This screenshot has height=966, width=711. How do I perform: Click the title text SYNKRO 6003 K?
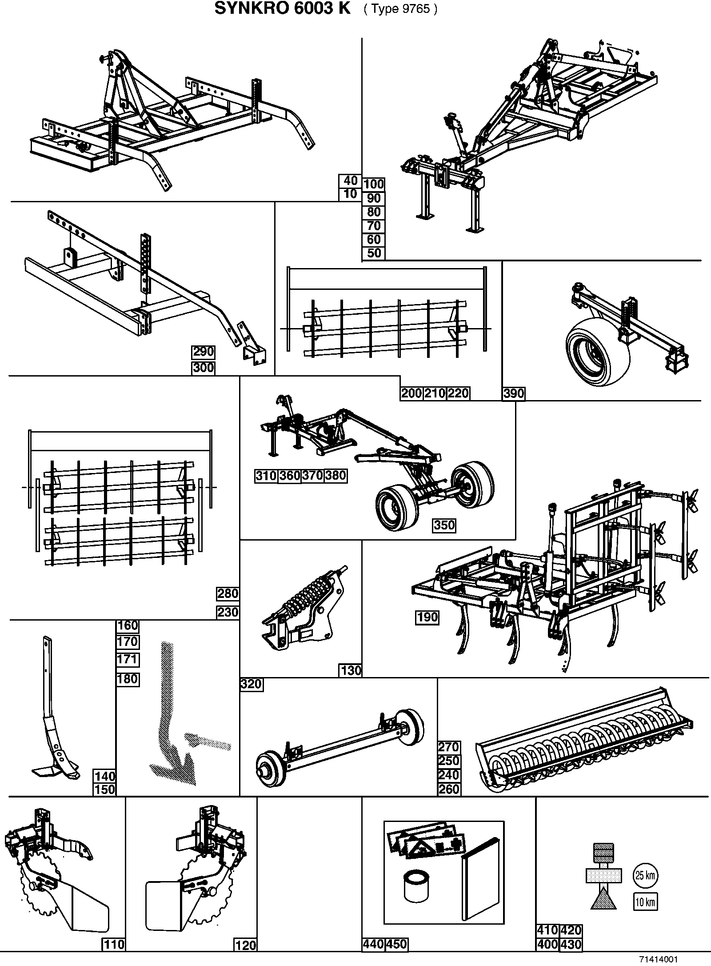[x=283, y=8]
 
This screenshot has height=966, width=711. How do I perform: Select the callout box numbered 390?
[x=514, y=393]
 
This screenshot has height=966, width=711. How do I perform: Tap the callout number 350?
[x=444, y=525]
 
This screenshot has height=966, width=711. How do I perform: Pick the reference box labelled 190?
[x=427, y=617]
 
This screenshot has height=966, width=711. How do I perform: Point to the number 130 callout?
[x=351, y=670]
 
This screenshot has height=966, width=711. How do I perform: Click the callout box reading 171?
[x=128, y=659]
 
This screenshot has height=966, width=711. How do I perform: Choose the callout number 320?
[x=251, y=684]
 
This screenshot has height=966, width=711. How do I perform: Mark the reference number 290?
[x=203, y=352]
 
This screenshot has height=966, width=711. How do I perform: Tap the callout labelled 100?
[x=374, y=184]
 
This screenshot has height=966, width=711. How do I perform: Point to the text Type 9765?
[x=401, y=9]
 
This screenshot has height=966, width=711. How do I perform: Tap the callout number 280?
[x=228, y=593]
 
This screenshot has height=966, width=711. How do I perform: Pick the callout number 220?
[x=458, y=393]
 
